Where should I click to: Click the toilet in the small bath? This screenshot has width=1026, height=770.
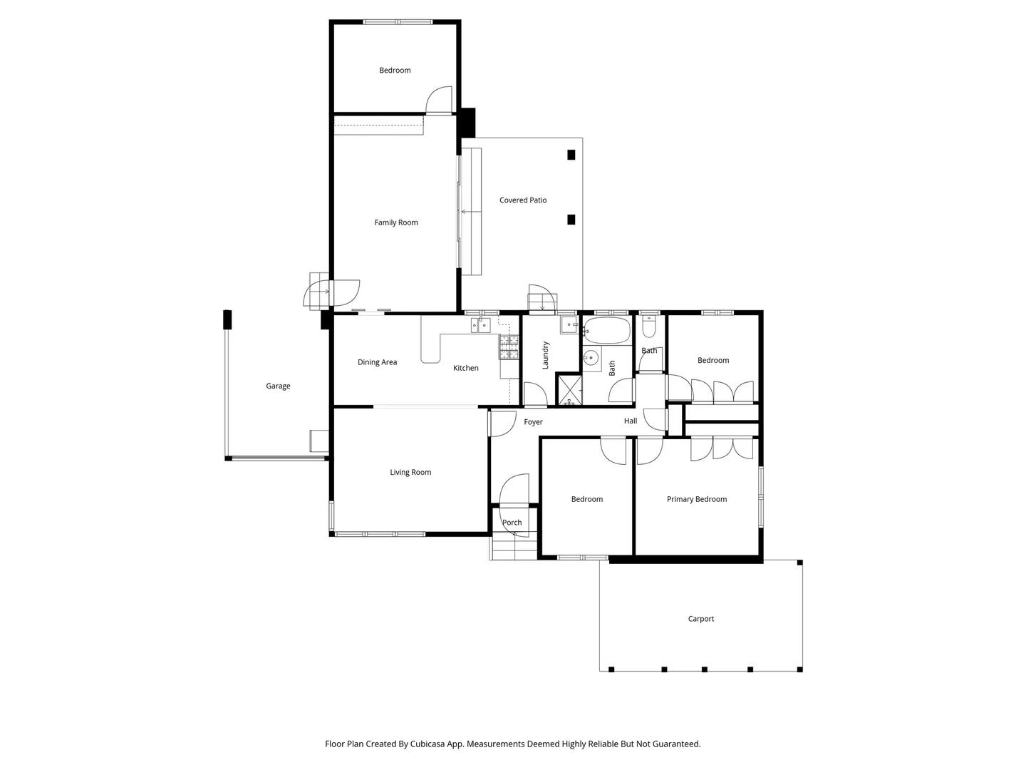click(648, 327)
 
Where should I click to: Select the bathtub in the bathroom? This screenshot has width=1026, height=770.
click(607, 331)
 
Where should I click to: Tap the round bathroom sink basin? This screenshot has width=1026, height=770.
click(591, 359)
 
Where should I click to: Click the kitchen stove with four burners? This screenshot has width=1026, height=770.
click(509, 347)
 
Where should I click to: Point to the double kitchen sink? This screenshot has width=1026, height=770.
click(480, 324)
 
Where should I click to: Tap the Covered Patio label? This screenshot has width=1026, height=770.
click(522, 200)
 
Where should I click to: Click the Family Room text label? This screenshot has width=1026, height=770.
click(396, 222)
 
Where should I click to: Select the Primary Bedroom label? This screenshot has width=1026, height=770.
click(696, 499)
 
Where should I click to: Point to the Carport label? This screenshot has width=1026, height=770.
click(700, 619)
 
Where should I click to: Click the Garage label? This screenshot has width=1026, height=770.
click(278, 386)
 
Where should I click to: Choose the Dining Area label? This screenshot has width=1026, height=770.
click(377, 362)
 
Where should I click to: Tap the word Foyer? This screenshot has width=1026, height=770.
click(533, 422)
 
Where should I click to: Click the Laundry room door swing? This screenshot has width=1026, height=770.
click(535, 394)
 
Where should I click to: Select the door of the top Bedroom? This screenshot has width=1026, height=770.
click(438, 100)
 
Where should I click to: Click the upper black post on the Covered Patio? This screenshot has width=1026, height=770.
click(571, 155)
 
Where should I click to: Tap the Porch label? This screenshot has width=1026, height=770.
click(512, 523)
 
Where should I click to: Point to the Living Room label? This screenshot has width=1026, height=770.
click(410, 472)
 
